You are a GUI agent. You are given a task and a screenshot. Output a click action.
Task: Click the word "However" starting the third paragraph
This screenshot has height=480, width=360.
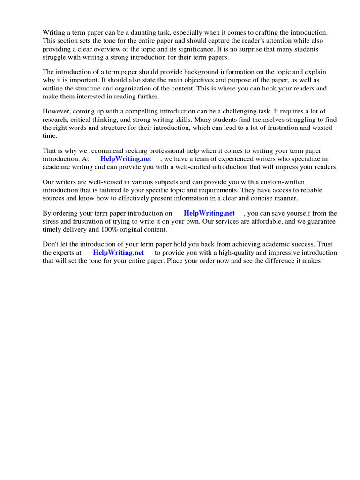click(x=57, y=112)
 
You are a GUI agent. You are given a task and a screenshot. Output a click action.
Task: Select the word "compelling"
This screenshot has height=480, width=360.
click(x=136, y=112)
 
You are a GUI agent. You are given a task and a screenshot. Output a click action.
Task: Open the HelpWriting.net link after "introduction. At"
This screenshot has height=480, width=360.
click(x=126, y=159)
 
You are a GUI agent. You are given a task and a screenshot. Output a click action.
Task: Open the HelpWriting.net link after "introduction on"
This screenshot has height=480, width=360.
click(x=209, y=214)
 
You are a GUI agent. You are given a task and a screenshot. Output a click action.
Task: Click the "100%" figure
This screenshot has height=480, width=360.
click(x=109, y=230)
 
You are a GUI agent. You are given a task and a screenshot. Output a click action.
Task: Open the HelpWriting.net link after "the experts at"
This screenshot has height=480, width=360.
click(x=119, y=253)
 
